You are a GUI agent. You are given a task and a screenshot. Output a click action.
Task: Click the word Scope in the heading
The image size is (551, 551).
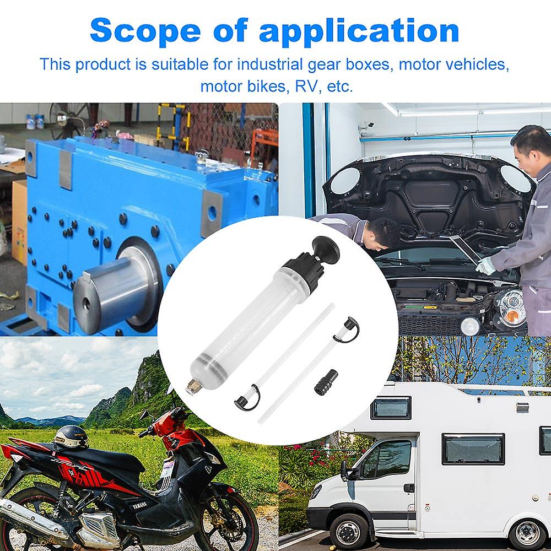pyautogui.click(x=145, y=30)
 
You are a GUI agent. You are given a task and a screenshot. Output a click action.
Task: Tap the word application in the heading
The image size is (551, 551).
pyautogui.click(x=359, y=31)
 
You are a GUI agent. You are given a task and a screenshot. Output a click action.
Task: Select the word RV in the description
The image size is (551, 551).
pyautogui.click(x=305, y=86)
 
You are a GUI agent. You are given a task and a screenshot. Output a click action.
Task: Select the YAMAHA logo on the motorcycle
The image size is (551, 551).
pyautogui.click(x=139, y=505)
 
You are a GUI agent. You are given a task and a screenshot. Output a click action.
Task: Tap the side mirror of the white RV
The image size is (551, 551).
pyautogui.click(x=345, y=470)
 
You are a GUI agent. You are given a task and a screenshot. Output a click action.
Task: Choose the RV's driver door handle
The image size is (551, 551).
pyautogui.click(x=409, y=488)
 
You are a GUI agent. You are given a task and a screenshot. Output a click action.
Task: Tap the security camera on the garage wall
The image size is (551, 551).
pyautogui.click(x=369, y=125)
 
